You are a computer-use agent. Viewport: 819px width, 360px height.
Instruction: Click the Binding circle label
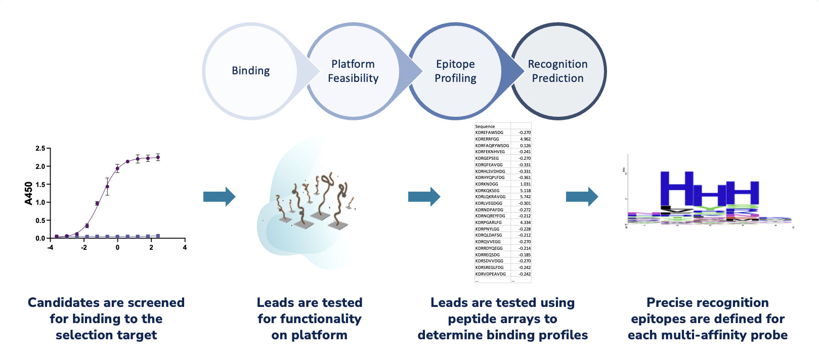pyautogui.click(x=250, y=71)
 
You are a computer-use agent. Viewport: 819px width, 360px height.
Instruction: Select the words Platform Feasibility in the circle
pyautogui.click(x=353, y=71)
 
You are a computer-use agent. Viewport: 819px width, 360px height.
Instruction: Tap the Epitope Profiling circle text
pyautogui.click(x=455, y=71)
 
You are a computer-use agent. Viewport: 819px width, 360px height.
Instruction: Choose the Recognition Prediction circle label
pyautogui.click(x=557, y=71)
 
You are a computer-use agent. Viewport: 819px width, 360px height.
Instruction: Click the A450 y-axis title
pyautogui.click(x=29, y=193)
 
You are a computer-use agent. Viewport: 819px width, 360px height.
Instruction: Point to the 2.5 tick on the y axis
pyautogui.click(x=40, y=149)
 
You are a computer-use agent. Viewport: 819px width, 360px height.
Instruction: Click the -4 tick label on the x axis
pyautogui.click(x=50, y=248)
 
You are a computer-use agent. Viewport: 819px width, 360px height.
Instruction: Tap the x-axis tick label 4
pyautogui.click(x=185, y=248)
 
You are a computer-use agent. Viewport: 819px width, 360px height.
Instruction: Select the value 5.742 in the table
pyautogui.click(x=525, y=197)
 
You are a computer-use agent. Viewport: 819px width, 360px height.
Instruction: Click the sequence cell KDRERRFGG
pyautogui.click(x=487, y=139)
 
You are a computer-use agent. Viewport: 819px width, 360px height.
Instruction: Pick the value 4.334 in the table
pyautogui.click(x=525, y=222)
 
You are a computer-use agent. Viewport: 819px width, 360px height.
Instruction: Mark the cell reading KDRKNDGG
pyautogui.click(x=486, y=184)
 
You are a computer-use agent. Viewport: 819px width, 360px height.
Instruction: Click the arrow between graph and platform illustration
pyautogui.click(x=219, y=197)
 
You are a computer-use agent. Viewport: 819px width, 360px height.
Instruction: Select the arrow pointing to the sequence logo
pyautogui.click(x=582, y=197)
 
